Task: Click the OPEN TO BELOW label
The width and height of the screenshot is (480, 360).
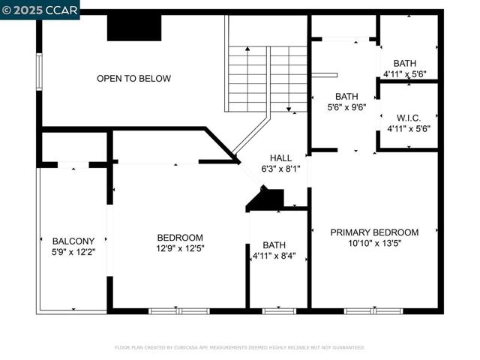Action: pos(133,79)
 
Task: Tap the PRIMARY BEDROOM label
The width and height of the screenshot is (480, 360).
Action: pos(374,232)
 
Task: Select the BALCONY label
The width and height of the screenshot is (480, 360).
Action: pos(73,241)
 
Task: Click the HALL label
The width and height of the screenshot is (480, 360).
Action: pos(280,158)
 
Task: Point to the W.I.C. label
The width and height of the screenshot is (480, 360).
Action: pos(409,118)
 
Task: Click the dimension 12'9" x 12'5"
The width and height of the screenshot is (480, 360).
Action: pos(180,248)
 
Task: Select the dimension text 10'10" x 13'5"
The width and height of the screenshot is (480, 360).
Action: pos(374,243)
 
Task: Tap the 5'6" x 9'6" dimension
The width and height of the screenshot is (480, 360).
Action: pos(346,107)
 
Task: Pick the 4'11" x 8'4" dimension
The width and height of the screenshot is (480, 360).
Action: pos(274,256)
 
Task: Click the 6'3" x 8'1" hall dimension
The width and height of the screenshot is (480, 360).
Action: pos(280,169)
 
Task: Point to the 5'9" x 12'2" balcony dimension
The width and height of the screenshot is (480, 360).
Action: pos(73,252)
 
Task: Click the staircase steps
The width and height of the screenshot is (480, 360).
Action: pos(267,79)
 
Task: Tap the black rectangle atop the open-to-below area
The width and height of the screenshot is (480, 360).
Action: pos(134,28)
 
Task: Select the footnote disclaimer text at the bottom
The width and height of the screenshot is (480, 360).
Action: pos(239,347)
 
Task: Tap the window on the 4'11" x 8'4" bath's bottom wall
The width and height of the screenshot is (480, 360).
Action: pos(279,310)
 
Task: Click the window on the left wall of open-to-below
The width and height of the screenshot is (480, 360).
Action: pos(39,71)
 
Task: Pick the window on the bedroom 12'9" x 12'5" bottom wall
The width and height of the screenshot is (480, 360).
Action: pos(178,310)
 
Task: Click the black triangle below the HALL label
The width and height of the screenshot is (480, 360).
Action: pos(267,199)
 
